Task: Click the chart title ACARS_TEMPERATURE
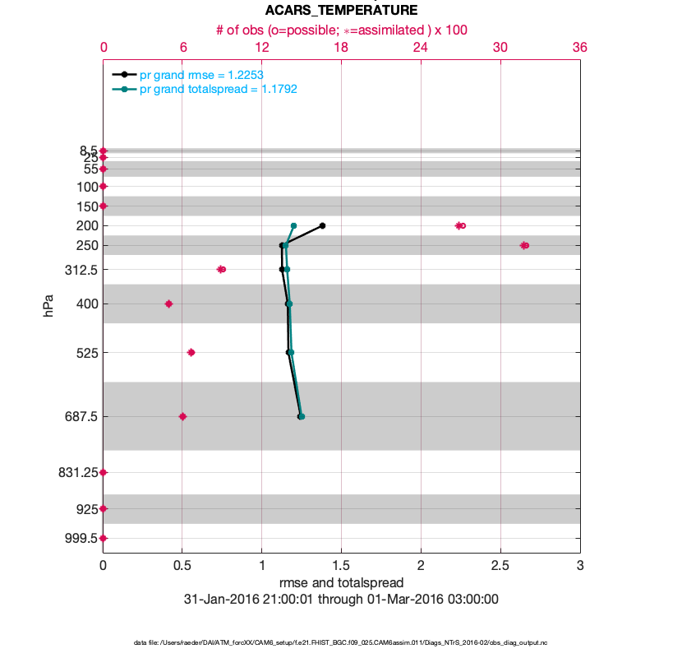[x=341, y=11]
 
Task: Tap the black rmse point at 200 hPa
[x=322, y=225]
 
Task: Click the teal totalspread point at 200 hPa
[x=293, y=225]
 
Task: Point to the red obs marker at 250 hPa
[x=524, y=245]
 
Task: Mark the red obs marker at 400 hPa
[x=168, y=304]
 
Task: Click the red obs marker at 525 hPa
[x=191, y=352]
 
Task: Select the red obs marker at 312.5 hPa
[x=221, y=269]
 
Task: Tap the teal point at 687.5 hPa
[x=302, y=416]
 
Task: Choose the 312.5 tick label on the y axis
[x=81, y=269]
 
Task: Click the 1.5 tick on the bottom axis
[x=341, y=567]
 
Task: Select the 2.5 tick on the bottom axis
[x=500, y=567]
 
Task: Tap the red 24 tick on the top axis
[x=421, y=48]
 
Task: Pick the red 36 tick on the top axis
[x=579, y=48]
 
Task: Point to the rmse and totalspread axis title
[x=341, y=583]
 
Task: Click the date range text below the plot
[x=341, y=600]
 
